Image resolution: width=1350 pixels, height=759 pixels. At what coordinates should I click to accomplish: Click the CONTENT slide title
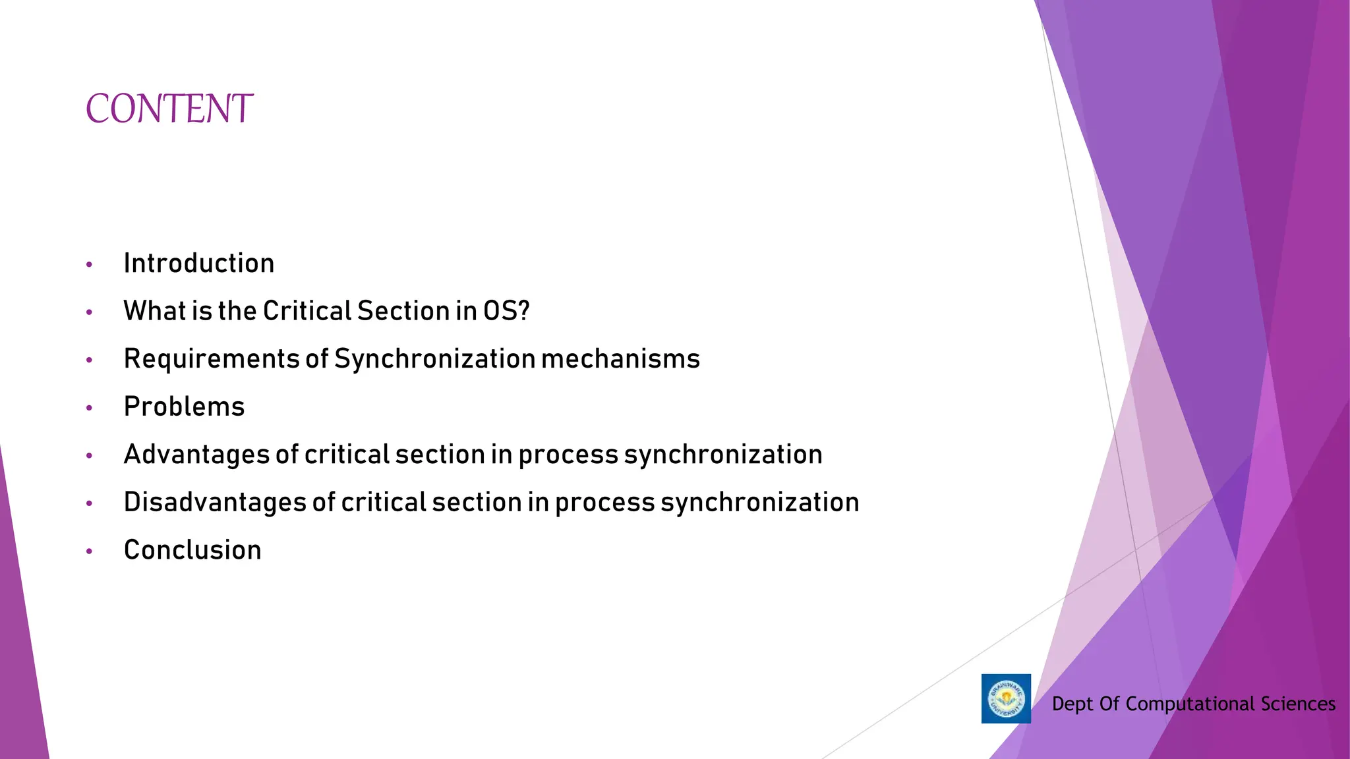tap(169, 109)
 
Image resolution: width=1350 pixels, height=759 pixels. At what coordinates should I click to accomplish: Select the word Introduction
tap(198, 264)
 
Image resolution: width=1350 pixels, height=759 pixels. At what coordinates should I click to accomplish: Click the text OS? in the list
tap(506, 311)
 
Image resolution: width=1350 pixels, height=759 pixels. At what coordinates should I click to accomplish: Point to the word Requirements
tap(212, 360)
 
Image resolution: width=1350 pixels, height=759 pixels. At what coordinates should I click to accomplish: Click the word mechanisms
tap(620, 359)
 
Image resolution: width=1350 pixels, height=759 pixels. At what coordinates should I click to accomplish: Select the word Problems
tap(184, 407)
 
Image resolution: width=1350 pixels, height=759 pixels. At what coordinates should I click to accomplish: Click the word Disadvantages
tap(215, 503)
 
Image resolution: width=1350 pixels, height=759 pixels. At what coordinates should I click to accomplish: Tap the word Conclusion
tap(192, 550)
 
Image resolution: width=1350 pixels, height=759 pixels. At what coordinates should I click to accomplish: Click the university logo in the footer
tap(1006, 698)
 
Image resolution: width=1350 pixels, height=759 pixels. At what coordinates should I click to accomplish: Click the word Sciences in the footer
tap(1298, 704)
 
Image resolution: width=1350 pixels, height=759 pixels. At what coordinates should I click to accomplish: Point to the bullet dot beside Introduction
tap(89, 265)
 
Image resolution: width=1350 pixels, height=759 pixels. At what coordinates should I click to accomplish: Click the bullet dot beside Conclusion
tap(89, 551)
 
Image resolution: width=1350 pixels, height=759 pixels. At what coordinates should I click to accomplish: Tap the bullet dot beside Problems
tap(89, 408)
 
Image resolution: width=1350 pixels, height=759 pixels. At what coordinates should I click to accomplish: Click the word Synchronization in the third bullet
tap(434, 359)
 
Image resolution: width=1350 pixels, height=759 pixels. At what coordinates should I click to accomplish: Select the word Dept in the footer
tap(1072, 704)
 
